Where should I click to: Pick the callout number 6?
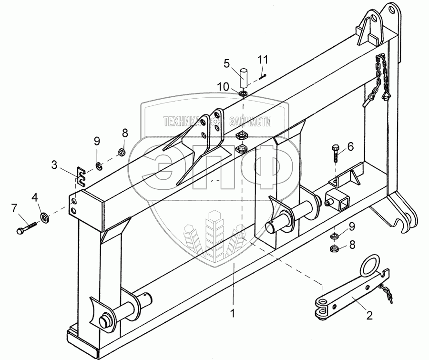pos(350,147)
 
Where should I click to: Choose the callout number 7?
pos(14,208)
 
